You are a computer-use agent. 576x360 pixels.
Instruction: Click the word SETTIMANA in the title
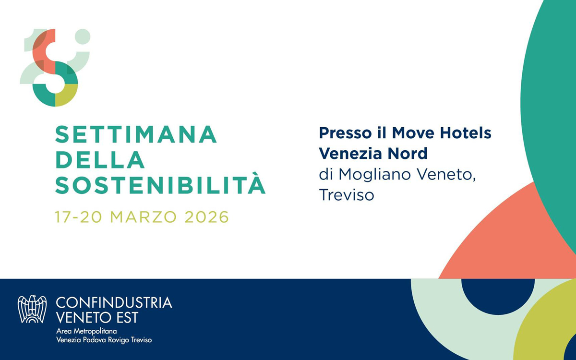(136, 135)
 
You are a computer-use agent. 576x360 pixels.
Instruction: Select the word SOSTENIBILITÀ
(160, 185)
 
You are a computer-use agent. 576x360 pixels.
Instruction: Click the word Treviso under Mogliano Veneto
(346, 195)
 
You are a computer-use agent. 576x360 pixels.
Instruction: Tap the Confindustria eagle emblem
(32, 309)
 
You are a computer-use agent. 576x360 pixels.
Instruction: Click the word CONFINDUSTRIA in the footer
(114, 303)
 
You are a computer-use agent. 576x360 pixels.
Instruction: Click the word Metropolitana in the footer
(96, 331)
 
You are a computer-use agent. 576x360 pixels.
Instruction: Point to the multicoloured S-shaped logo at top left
(55, 67)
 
